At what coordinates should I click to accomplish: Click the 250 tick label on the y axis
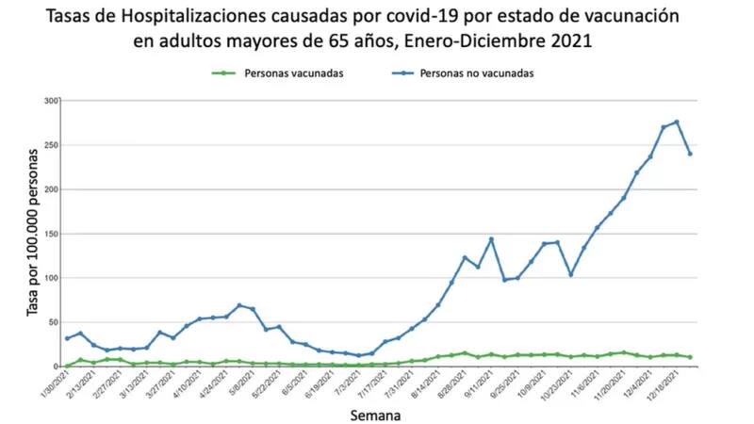tap(51, 145)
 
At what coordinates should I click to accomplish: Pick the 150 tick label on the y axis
tap(51, 234)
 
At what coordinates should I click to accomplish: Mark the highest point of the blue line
tap(677, 122)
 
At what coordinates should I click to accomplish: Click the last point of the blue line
tap(691, 154)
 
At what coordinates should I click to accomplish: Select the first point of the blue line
tap(66, 338)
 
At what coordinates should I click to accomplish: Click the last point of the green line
tap(691, 357)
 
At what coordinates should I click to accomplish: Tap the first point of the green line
tap(66, 366)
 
